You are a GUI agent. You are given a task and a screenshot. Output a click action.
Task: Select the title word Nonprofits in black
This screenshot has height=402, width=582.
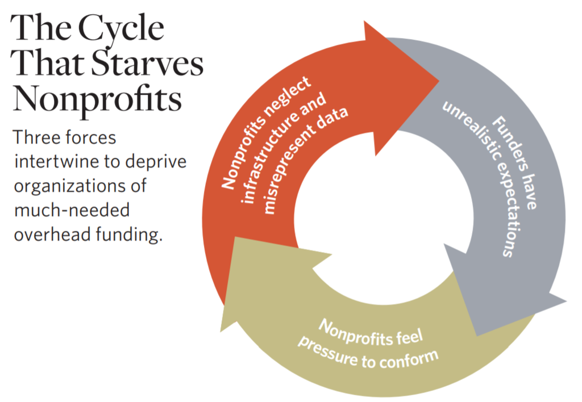(x=97, y=99)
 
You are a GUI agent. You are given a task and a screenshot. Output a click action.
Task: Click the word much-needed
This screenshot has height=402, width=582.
(x=72, y=210)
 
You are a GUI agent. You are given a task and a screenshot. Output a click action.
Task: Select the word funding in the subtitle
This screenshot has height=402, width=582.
(x=127, y=235)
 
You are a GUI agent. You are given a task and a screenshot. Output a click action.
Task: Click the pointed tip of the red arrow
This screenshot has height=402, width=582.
(x=439, y=80)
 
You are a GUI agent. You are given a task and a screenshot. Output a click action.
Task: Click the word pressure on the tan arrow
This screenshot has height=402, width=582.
(x=326, y=351)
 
